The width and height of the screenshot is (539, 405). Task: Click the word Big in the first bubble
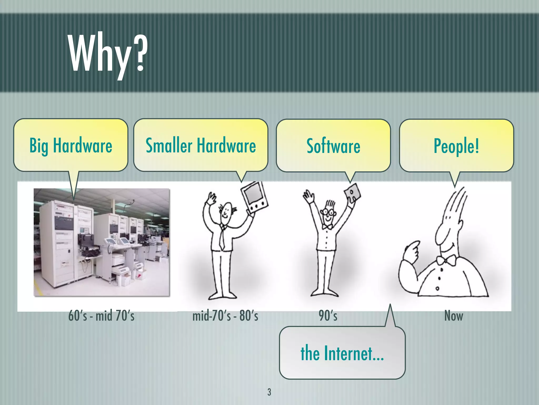[x=39, y=146]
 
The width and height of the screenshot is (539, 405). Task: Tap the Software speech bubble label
[x=333, y=146]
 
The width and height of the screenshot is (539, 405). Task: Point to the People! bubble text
[x=456, y=146]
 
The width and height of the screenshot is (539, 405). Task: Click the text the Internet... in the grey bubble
[x=342, y=353]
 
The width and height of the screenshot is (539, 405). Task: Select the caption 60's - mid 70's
[x=101, y=316]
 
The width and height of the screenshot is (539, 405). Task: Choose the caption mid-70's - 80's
[x=225, y=316]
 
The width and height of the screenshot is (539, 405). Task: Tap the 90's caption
[x=328, y=316]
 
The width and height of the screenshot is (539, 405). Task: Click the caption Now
[x=453, y=316]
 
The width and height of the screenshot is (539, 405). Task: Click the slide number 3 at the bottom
[x=269, y=392]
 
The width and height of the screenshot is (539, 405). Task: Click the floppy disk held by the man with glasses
[x=352, y=194]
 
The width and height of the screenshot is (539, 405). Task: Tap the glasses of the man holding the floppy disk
[x=327, y=212]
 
